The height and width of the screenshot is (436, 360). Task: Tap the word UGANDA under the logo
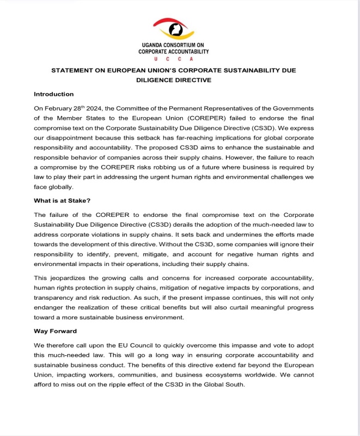(x=154, y=45)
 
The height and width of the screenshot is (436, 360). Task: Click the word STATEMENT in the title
(x=75, y=71)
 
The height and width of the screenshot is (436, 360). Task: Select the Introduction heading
(x=53, y=94)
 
